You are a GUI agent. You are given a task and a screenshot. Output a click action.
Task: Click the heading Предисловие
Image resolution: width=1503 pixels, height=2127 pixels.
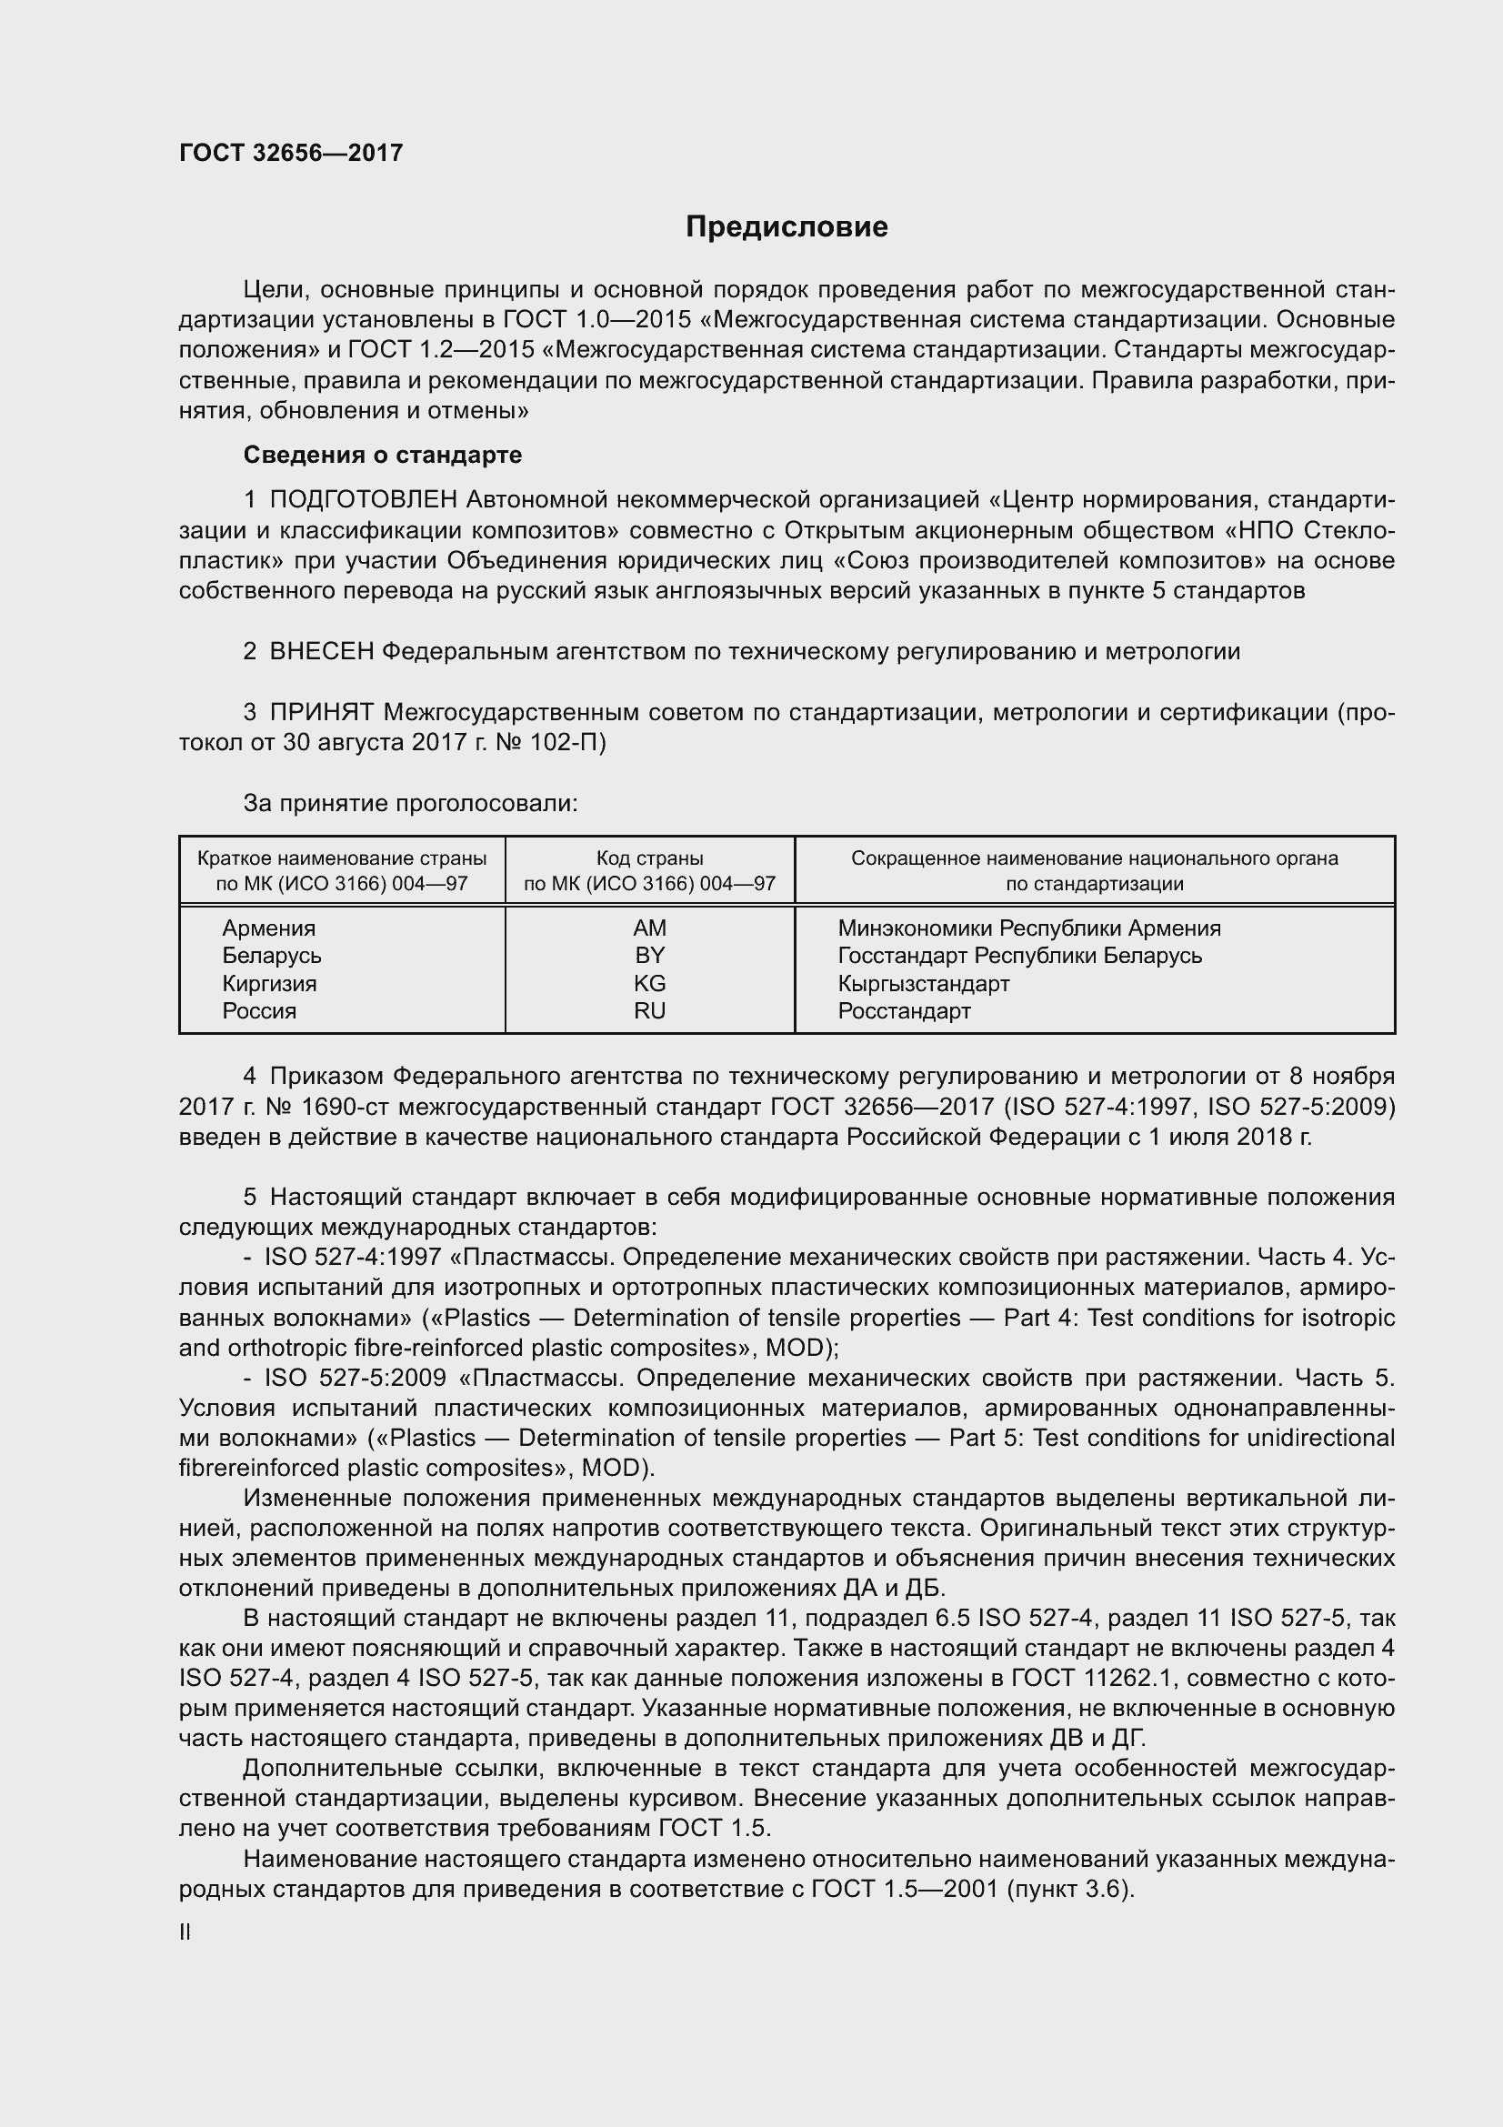point(787,227)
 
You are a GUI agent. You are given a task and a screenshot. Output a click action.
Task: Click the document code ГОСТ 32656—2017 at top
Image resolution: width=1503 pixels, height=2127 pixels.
point(291,153)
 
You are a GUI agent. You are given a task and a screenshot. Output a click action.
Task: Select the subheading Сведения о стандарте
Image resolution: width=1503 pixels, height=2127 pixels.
point(383,455)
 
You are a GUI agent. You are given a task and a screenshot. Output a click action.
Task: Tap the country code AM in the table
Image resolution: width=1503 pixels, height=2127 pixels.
point(649,928)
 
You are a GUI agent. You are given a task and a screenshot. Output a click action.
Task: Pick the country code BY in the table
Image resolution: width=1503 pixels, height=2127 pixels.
point(649,955)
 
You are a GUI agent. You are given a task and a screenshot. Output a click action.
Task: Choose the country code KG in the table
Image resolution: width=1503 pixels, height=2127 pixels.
point(649,983)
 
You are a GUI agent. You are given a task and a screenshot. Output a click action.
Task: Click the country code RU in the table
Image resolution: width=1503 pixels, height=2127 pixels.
point(649,1010)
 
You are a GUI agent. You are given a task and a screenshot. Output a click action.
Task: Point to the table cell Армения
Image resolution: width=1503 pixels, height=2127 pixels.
point(268,928)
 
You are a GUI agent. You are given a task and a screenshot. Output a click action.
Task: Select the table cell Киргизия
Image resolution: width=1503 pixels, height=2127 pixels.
point(268,983)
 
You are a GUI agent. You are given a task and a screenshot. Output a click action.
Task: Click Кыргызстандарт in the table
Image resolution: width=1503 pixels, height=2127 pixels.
point(923,983)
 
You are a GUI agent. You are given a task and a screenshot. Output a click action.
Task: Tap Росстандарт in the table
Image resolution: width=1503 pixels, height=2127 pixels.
point(904,1010)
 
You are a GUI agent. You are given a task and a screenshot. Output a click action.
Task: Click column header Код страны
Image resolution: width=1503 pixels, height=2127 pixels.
point(649,858)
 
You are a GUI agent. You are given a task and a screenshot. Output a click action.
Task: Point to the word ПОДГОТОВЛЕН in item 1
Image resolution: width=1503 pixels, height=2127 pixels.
point(363,500)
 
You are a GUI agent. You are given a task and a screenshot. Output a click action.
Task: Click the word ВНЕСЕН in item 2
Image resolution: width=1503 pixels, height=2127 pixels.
point(321,651)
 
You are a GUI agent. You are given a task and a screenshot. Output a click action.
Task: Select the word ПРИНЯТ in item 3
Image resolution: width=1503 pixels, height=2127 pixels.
point(321,712)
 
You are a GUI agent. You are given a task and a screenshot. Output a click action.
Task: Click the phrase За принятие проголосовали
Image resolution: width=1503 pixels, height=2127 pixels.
point(410,803)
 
